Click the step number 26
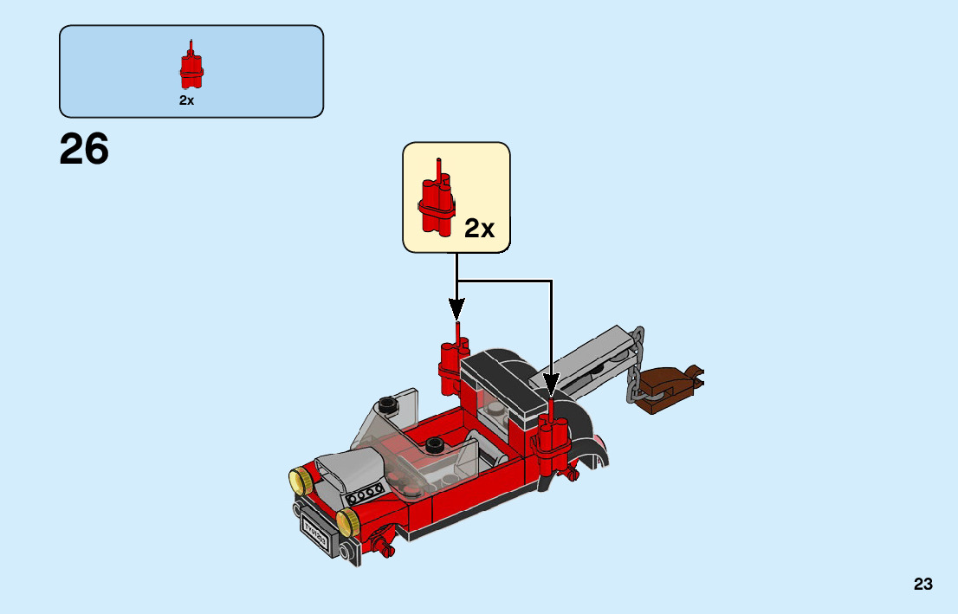[x=84, y=150]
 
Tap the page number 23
[x=922, y=585]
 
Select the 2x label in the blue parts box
[x=187, y=100]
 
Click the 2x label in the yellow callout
[x=479, y=228]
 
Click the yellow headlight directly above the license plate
[x=348, y=520]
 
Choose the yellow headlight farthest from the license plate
[x=301, y=478]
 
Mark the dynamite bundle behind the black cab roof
[x=453, y=359]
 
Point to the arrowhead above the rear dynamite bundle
[x=456, y=308]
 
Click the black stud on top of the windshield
[x=388, y=403]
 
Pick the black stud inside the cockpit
[x=436, y=445]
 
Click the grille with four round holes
[x=365, y=494]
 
